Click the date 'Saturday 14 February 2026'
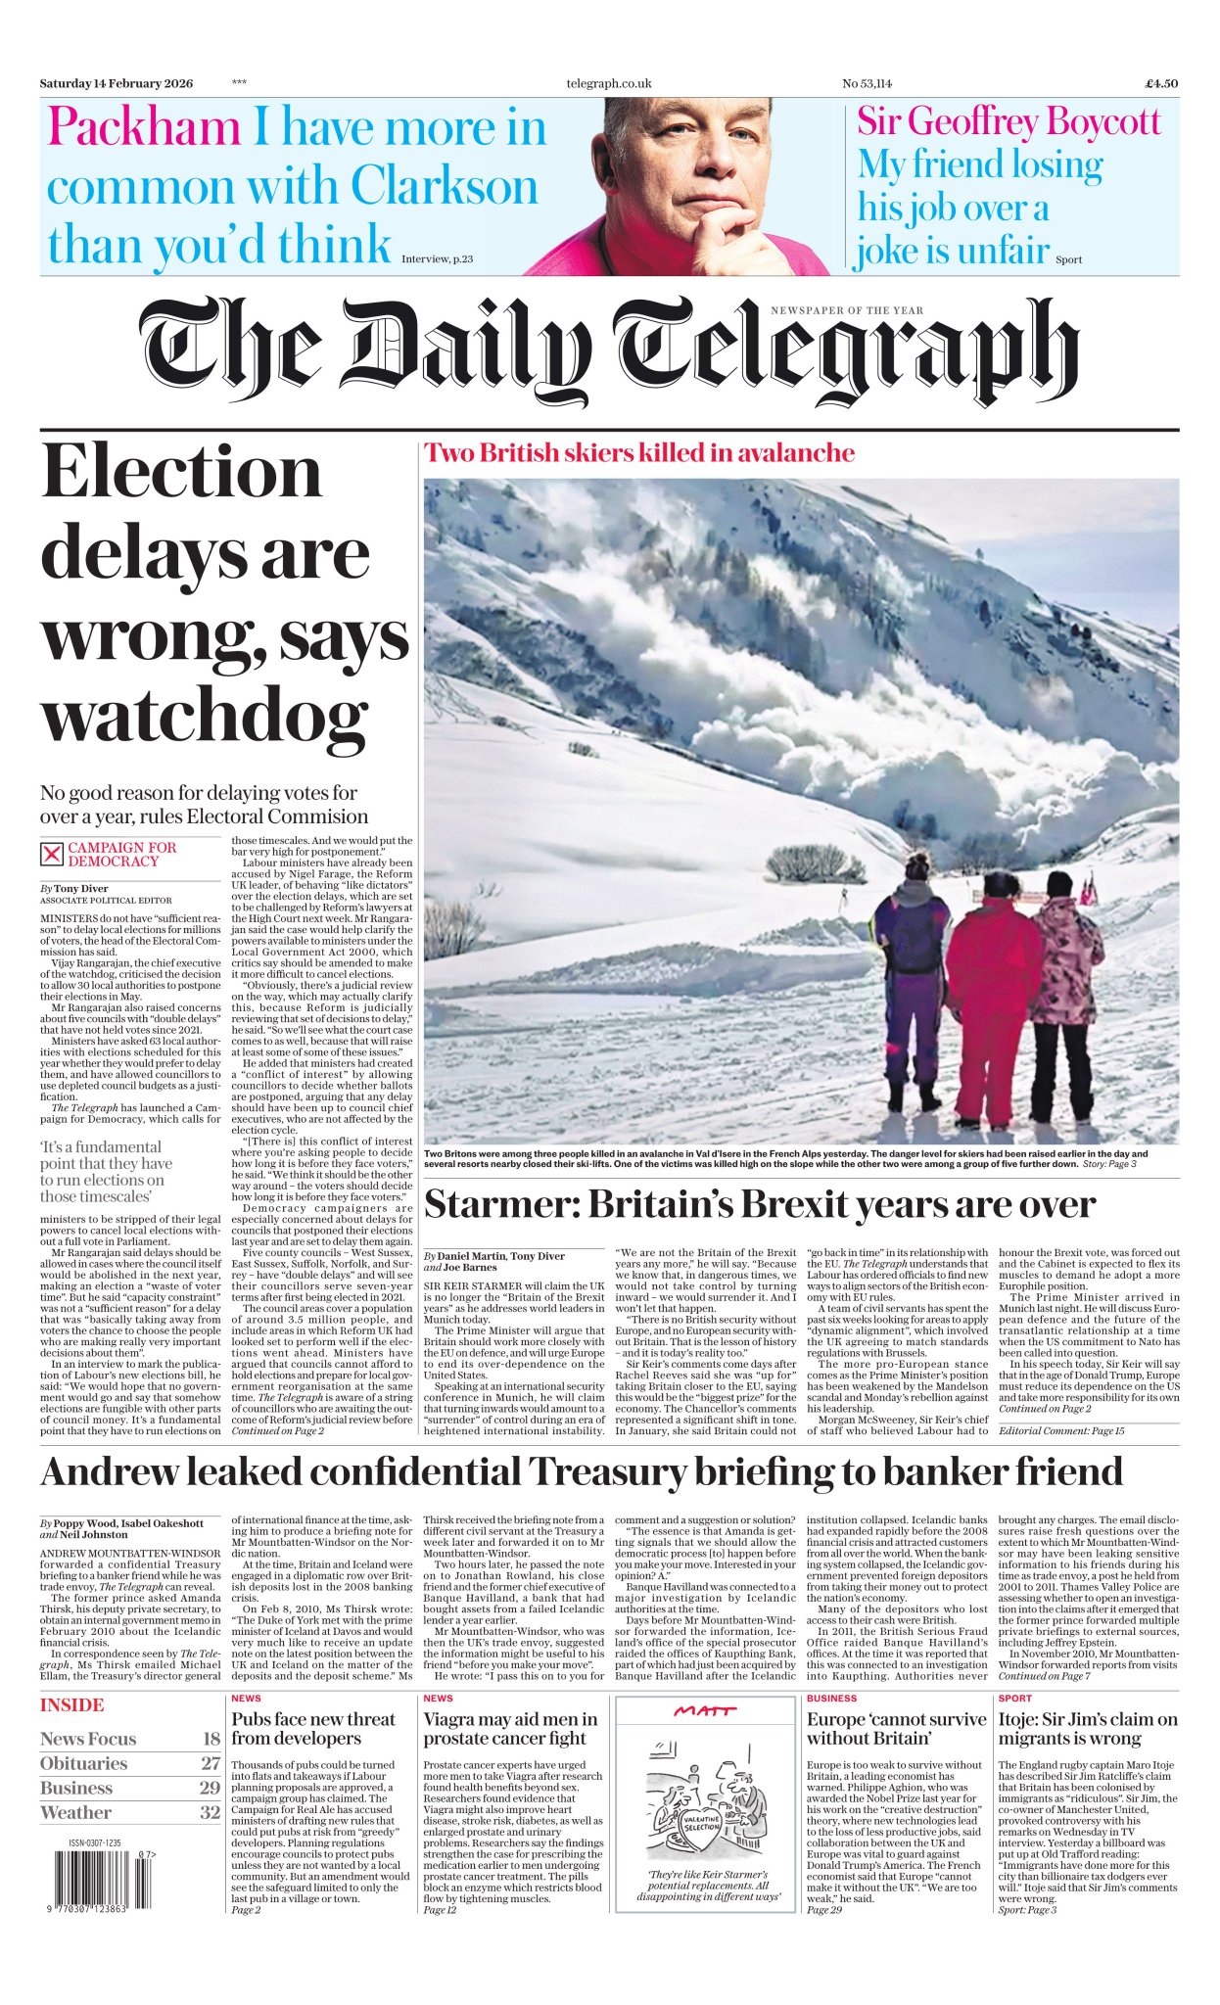pyautogui.click(x=117, y=83)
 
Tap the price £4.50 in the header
pyautogui.click(x=1161, y=83)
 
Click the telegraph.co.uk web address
pyautogui.click(x=608, y=83)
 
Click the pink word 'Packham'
pyautogui.click(x=144, y=128)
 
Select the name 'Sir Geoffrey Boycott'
pyautogui.click(x=1009, y=122)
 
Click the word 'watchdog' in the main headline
pyautogui.click(x=205, y=719)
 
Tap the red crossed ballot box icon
pyautogui.click(x=51, y=854)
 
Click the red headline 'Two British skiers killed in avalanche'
pyautogui.click(x=638, y=453)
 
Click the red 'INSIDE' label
pyautogui.click(x=71, y=1705)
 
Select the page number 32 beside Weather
pyautogui.click(x=210, y=1812)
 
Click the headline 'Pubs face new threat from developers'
pyautogui.click(x=313, y=1729)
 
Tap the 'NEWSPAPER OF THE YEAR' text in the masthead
pyautogui.click(x=846, y=310)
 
